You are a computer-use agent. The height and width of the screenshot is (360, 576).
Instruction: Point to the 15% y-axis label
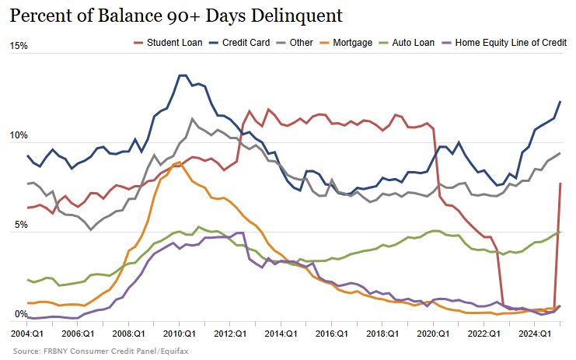coord(19,46)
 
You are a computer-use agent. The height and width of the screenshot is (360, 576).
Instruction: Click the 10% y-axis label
coord(19,136)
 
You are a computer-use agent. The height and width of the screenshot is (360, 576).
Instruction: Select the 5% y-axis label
coord(22,225)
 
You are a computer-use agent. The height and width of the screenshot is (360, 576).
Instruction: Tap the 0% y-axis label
coord(22,315)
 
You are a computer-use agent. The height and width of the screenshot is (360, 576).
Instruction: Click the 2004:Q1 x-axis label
coord(28,333)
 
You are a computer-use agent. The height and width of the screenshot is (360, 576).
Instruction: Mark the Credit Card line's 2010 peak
coord(182,75)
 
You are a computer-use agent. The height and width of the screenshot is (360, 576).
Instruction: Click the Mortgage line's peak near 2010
coord(180,163)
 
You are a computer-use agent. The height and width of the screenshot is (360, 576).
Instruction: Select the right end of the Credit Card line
coord(560,102)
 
